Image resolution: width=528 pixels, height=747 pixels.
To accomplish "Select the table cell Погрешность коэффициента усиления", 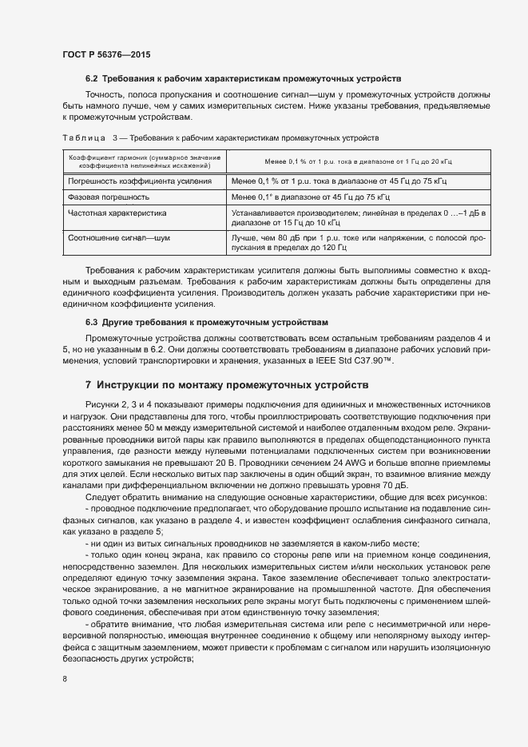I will coord(129,182).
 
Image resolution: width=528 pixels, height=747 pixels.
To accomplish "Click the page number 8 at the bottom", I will coord(65,679).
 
